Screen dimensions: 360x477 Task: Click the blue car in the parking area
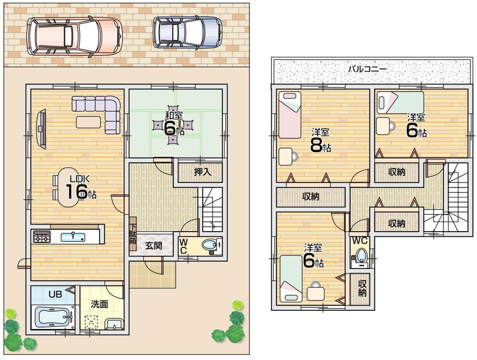(x=187, y=32)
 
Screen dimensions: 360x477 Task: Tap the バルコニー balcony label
(x=367, y=69)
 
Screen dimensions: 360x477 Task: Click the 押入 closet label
(x=202, y=172)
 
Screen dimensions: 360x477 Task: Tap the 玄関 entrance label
(x=154, y=245)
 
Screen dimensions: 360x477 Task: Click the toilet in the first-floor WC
(x=209, y=245)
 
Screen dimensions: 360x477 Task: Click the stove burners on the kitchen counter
(x=41, y=236)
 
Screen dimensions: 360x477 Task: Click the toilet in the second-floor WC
(x=362, y=254)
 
